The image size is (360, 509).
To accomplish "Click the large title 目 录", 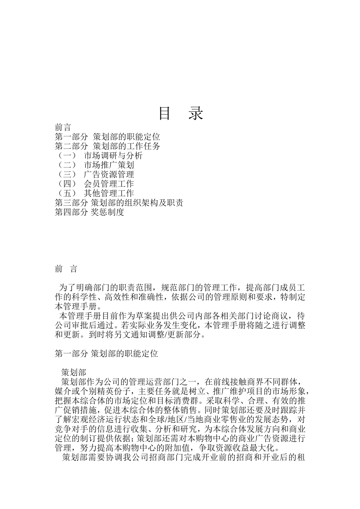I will tap(180, 113).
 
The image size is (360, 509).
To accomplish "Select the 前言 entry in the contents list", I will tap(63, 128).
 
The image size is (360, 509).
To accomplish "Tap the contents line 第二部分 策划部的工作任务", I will tap(107, 146).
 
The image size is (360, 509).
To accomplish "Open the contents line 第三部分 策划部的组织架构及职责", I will tap(119, 203).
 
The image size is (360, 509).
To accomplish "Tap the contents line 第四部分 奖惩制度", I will tap(89, 212).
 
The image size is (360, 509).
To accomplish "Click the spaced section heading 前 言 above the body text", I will tap(66, 269).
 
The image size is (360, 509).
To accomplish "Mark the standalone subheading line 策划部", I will tap(74, 373).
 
